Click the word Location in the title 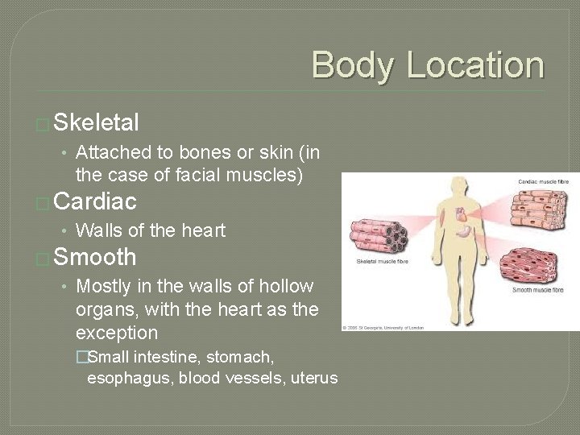(474, 65)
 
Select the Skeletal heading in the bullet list (98, 122)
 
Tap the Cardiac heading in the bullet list (96, 201)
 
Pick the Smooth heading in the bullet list (95, 258)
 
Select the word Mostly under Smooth (103, 286)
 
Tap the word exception (117, 333)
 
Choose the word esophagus (130, 378)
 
